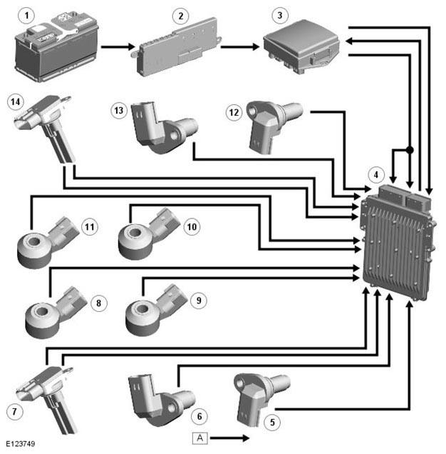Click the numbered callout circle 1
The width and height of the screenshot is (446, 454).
point(26,15)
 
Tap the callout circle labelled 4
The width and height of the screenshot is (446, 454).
point(375,175)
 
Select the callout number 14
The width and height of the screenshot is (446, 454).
point(16,101)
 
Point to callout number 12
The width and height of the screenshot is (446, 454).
point(234,112)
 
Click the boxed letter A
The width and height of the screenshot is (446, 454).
point(199,438)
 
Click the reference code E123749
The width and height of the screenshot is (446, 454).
point(21,443)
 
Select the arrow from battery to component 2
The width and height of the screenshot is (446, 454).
point(118,46)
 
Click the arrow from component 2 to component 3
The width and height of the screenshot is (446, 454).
point(240,46)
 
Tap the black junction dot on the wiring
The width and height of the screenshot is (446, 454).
point(409,150)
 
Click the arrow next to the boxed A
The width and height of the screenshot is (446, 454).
point(230,438)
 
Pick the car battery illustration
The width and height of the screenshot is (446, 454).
point(57,48)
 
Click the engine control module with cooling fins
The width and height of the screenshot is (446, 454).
point(398,242)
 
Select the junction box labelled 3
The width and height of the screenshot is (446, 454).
point(301,46)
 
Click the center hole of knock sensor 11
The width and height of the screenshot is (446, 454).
point(34,241)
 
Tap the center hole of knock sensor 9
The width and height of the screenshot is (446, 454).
point(142,308)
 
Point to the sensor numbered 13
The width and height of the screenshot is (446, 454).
point(163,126)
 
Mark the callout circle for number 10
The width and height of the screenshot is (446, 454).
point(192,227)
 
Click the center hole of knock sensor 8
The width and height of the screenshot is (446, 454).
point(42,311)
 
